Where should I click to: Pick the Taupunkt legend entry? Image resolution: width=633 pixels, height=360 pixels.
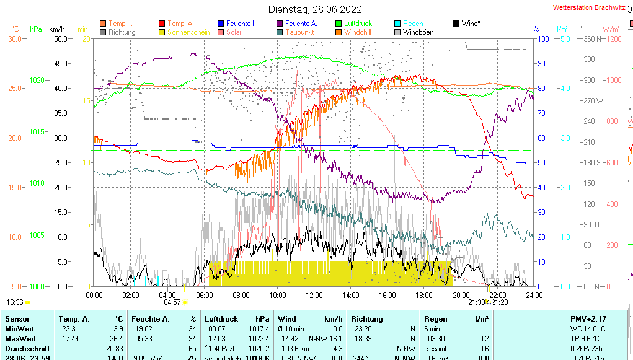pos(299,32)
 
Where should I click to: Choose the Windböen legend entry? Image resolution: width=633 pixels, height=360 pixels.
pos(417,32)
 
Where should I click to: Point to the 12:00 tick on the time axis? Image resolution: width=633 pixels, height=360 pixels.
pos(314,295)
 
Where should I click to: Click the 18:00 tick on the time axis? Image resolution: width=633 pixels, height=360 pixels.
pos(424,295)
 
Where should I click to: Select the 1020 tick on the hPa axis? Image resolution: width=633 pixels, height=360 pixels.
pos(37,81)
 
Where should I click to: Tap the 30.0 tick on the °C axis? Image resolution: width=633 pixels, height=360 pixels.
pos(15,38)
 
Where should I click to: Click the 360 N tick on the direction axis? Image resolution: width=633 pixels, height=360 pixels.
pos(590,38)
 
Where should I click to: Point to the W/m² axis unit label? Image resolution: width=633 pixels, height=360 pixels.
pos(611,29)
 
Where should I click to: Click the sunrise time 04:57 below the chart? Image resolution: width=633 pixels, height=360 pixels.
pos(172,302)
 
